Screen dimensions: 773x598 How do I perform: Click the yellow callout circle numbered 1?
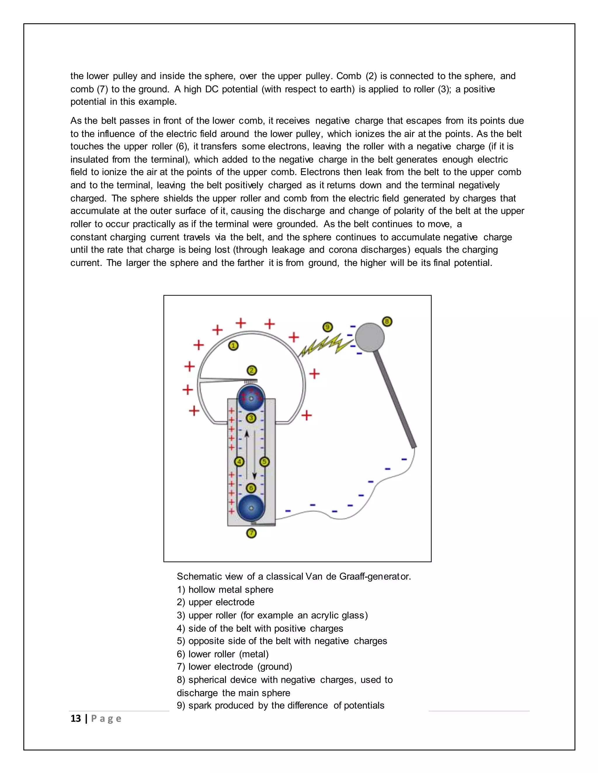click(233, 345)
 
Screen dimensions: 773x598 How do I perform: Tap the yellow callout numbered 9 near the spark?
click(327, 327)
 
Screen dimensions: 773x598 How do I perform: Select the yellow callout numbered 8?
click(387, 322)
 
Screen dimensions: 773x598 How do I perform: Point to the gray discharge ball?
click(369, 337)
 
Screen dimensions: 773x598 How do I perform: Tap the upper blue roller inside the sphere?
click(251, 398)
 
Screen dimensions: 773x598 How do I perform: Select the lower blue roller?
click(251, 508)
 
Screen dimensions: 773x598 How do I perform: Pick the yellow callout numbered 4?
click(239, 461)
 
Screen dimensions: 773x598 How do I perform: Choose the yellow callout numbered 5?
click(264, 461)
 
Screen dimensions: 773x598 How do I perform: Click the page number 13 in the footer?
click(75, 718)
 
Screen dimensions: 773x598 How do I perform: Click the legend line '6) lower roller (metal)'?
click(223, 654)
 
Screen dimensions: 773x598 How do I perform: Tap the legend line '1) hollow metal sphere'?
click(225, 590)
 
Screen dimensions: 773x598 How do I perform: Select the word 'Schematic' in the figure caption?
click(199, 577)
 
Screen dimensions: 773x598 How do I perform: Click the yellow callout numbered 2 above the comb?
click(251, 370)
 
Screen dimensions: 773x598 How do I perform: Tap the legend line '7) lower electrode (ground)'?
click(234, 667)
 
